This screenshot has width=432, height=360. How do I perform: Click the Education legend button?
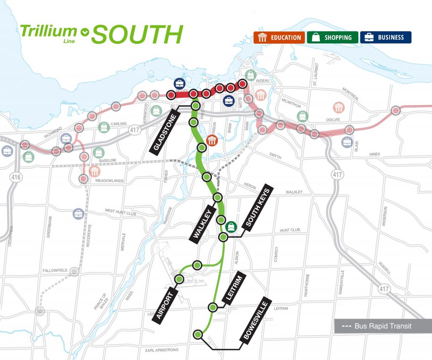[279, 38]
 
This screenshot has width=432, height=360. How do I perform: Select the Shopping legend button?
[333, 38]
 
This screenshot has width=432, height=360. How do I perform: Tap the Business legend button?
[386, 38]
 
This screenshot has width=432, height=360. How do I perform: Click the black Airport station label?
[165, 303]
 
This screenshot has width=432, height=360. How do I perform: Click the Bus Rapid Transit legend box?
[383, 326]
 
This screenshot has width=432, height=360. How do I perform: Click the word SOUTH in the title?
[137, 35]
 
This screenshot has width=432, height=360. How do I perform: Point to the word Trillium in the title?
[49, 31]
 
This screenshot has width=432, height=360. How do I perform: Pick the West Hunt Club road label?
[121, 213]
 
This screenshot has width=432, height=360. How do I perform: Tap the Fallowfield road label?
[55, 270]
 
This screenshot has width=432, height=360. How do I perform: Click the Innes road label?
[375, 155]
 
